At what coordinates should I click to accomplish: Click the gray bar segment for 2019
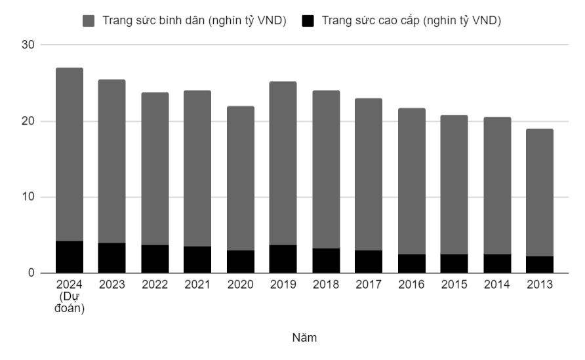coord(283,163)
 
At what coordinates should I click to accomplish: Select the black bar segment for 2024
coord(70,257)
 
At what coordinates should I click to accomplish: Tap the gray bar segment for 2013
coord(540,192)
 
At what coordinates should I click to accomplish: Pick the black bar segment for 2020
coord(241,262)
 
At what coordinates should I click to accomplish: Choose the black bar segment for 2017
coord(369,262)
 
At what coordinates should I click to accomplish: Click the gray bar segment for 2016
coord(411,181)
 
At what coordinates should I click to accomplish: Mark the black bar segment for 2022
coord(155,259)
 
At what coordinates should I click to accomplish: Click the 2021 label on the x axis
coord(197,285)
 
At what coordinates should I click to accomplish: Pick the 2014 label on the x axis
coord(496,285)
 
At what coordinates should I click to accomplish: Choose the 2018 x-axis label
coord(326,285)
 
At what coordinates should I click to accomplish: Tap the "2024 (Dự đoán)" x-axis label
coord(70,297)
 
